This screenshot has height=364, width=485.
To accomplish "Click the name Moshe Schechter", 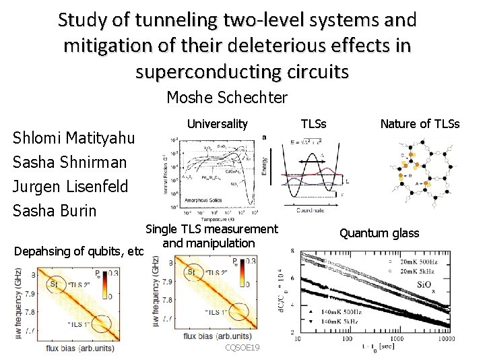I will coord(226,98).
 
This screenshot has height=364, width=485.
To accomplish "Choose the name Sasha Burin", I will coord(55,210).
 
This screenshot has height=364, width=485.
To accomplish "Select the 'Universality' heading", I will coord(217,124).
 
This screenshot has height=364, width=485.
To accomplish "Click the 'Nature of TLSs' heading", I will coord(420,124).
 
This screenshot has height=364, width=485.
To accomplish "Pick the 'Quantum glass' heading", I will coord(379,233).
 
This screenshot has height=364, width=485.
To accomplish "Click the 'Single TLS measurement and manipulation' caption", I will coord(212,236).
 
